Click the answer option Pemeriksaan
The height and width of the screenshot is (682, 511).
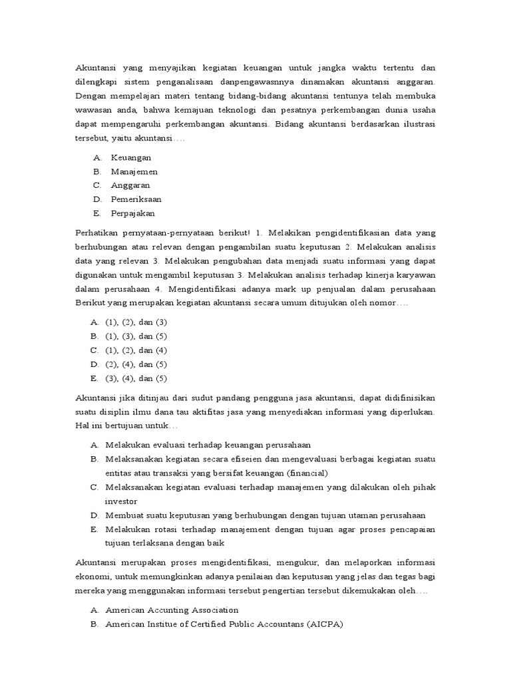[136, 199]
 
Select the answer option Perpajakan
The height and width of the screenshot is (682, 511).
[132, 213]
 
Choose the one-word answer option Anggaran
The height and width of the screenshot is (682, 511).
[130, 185]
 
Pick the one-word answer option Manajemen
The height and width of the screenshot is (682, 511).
[134, 171]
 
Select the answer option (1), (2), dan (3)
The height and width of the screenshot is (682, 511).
[136, 322]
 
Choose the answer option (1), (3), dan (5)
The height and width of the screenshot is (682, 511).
[136, 336]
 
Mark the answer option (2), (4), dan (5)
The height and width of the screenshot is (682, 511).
[136, 364]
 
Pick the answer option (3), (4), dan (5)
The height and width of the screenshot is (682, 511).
[136, 378]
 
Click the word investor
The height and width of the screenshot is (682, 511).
[121, 501]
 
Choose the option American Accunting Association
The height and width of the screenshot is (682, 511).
[172, 609]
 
